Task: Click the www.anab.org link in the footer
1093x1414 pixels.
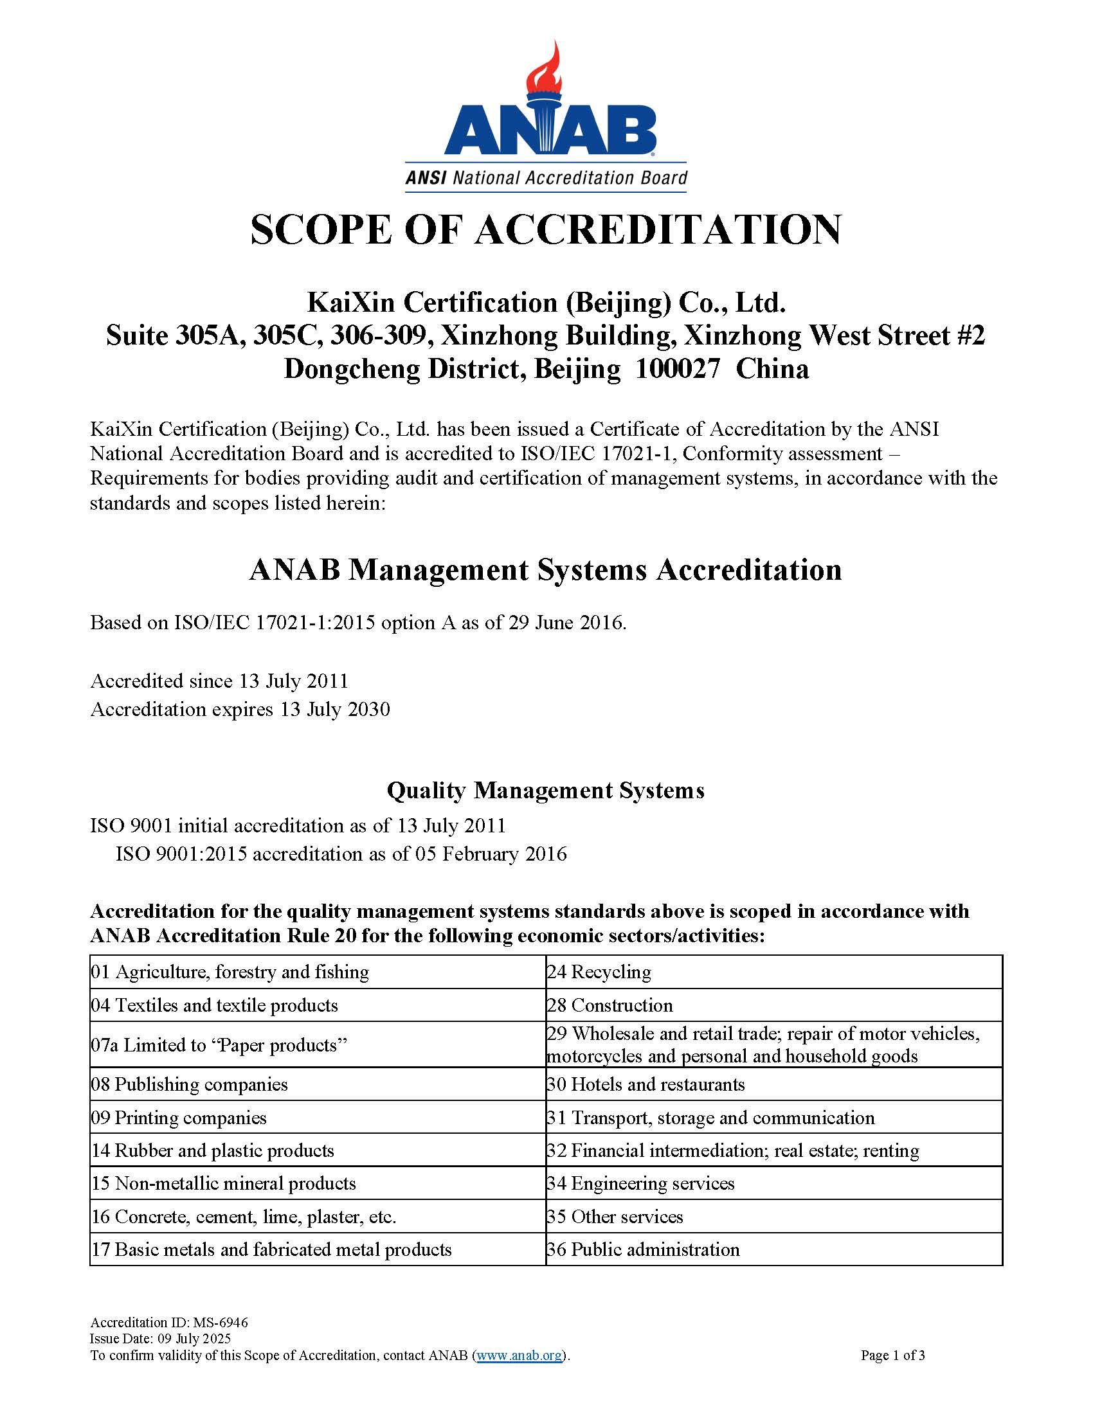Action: tap(519, 1356)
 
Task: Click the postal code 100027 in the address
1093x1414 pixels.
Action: tap(677, 369)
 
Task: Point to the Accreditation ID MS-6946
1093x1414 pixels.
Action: tap(219, 1323)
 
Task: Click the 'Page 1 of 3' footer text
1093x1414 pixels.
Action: tap(892, 1356)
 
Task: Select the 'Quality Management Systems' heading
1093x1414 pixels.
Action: tap(545, 791)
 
